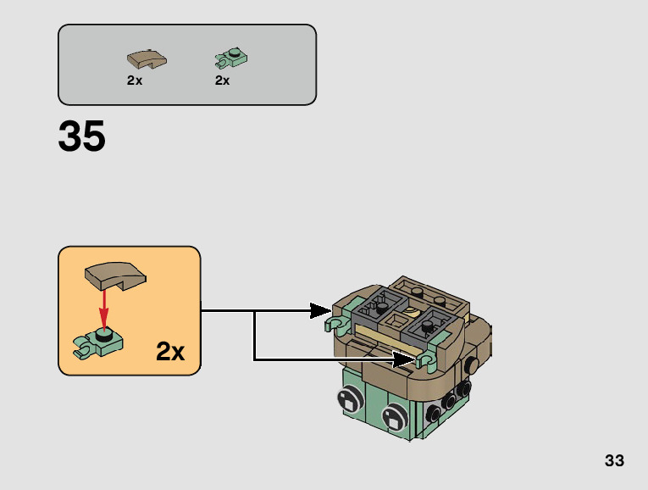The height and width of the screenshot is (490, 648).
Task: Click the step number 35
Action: pos(82,137)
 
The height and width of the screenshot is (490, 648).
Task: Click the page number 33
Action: pos(614,460)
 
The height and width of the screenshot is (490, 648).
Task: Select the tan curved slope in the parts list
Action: pos(146,59)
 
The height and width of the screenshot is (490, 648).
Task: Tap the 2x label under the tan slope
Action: pos(135,81)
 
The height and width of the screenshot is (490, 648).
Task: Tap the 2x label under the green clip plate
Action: pos(223,81)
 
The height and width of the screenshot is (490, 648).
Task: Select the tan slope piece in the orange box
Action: pos(115,276)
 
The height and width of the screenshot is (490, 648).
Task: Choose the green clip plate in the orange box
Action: pos(100,341)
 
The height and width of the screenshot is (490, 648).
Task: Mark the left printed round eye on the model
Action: pos(349,398)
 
